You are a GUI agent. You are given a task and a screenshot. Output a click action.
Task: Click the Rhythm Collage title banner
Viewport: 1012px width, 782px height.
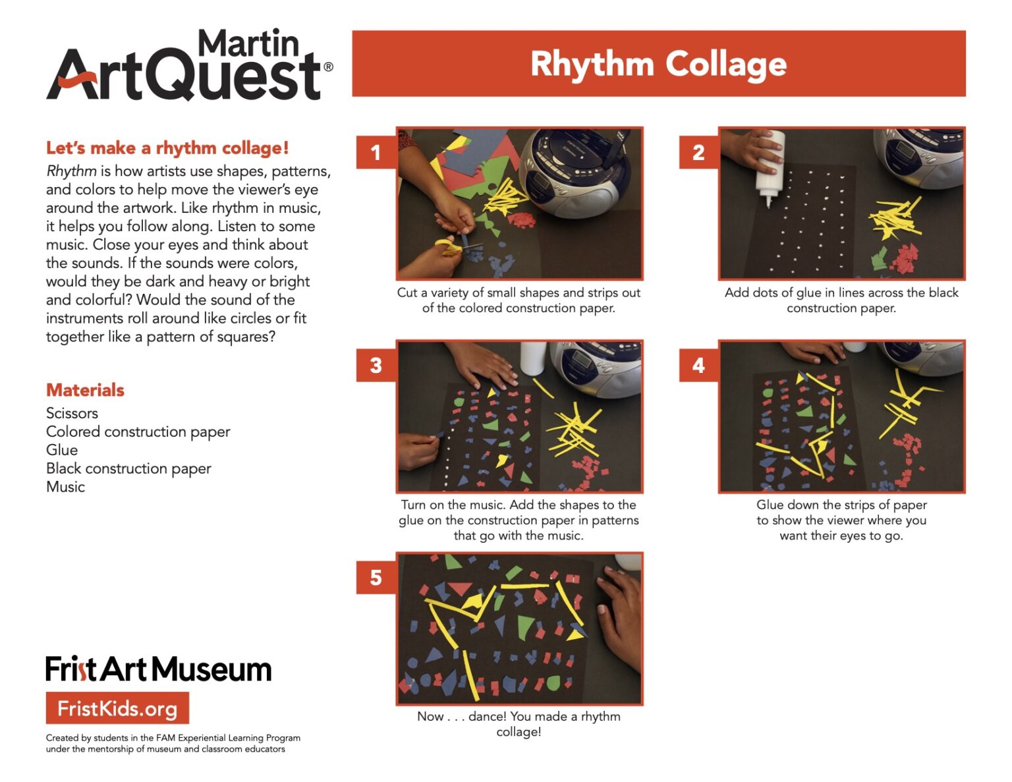point(658,64)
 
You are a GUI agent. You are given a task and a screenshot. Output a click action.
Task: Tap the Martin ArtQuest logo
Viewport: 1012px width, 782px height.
point(189,66)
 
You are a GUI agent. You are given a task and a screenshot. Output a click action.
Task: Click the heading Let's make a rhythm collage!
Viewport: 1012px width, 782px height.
point(167,148)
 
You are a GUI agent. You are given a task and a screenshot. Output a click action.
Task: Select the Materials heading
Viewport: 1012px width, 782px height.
point(85,390)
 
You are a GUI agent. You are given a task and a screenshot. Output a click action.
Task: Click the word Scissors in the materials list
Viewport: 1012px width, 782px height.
point(72,413)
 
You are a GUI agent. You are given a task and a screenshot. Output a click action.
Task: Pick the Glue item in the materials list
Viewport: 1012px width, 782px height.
point(62,450)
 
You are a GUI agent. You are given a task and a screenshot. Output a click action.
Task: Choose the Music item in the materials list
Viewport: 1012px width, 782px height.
point(65,487)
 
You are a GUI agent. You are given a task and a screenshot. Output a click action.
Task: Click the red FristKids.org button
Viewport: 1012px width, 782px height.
point(117,708)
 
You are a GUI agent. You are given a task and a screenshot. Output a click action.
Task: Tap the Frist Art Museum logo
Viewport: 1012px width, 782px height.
point(158,669)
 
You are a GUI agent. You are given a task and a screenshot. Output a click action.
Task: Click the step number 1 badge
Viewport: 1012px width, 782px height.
point(376,153)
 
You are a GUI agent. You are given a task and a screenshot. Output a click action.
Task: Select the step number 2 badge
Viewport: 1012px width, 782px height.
point(698,153)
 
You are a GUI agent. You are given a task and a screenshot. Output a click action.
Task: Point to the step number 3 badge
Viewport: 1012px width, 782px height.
point(376,365)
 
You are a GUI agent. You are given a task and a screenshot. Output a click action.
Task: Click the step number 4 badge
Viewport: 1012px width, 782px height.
point(698,365)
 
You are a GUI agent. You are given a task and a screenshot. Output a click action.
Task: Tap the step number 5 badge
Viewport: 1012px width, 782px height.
point(376,578)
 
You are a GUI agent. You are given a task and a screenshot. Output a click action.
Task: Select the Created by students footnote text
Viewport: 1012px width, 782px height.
point(173,743)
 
